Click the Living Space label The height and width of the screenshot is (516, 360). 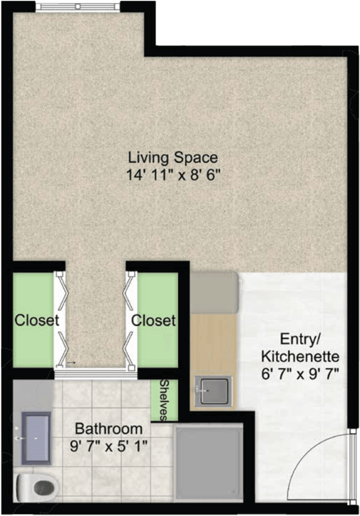pos(173,158)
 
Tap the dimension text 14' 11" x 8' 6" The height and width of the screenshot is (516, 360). pos(173,175)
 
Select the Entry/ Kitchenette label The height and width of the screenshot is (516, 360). pos(300,348)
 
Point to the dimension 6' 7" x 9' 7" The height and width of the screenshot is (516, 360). pos(300,374)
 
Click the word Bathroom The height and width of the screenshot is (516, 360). pos(109,428)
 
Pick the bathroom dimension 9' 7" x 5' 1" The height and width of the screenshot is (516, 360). pos(109,446)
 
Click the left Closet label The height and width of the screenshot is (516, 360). pos(36,320)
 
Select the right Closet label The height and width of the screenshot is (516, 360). pos(154,320)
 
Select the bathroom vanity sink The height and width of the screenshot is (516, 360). pos(36,438)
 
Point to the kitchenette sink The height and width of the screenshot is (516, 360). pos(214,391)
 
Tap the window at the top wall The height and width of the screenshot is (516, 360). pos(78,6)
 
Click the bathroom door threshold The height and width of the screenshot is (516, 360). pos(95,374)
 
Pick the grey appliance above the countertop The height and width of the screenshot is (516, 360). pos(214,292)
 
